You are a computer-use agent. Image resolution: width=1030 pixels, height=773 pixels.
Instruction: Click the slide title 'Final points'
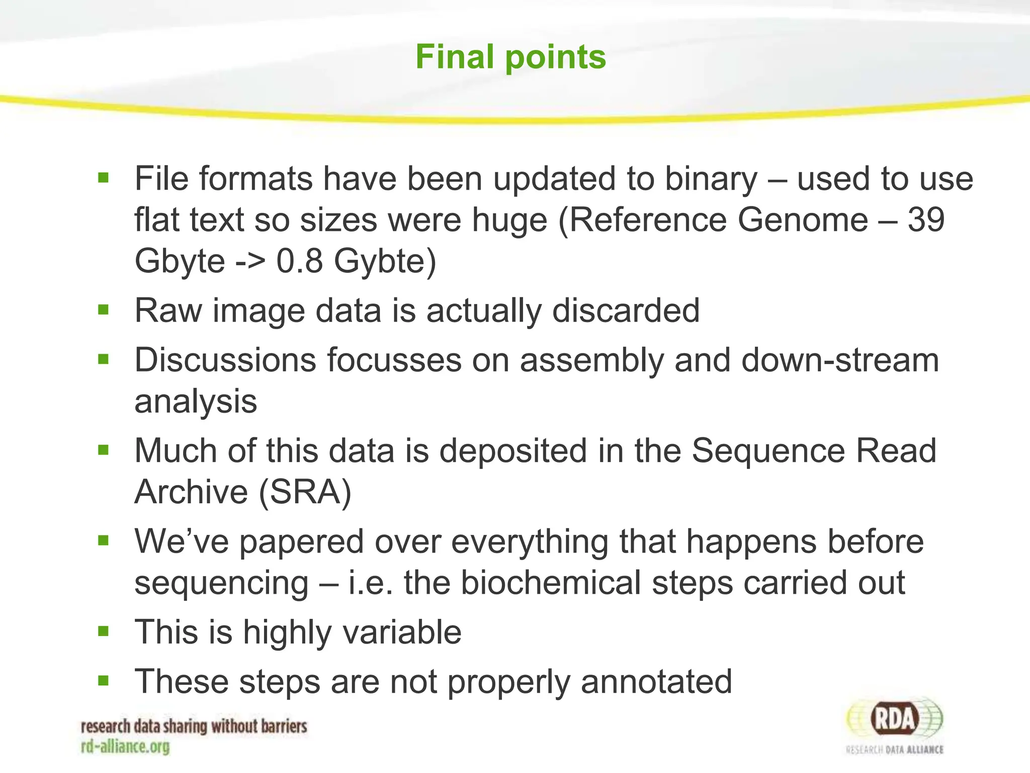(510, 56)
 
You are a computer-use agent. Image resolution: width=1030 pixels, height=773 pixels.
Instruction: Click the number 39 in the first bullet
(926, 220)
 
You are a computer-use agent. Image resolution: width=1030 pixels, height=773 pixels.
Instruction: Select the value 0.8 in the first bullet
(299, 261)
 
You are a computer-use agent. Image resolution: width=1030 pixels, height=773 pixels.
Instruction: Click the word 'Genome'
(803, 220)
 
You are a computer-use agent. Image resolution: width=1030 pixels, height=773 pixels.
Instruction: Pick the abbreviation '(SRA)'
(305, 492)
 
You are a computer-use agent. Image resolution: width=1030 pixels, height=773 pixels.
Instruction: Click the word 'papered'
(301, 543)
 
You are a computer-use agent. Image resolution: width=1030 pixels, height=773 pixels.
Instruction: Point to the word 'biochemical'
(551, 583)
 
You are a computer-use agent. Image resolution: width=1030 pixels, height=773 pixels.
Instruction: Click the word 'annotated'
(656, 682)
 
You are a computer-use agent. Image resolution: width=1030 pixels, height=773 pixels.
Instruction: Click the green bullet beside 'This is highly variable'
(104, 631)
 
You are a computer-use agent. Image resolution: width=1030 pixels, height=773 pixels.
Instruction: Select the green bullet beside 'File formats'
(104, 178)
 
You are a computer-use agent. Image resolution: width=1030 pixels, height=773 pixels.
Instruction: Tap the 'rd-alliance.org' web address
(125, 747)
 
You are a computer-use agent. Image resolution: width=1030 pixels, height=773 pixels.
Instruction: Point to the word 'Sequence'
(768, 450)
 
